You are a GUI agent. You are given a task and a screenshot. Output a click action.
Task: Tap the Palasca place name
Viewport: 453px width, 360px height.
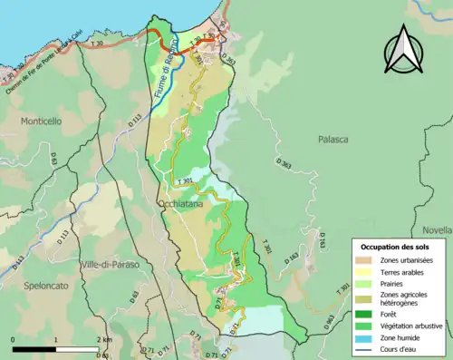(334, 140)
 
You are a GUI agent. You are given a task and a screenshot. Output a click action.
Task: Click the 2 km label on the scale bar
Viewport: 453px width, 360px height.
(104, 339)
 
